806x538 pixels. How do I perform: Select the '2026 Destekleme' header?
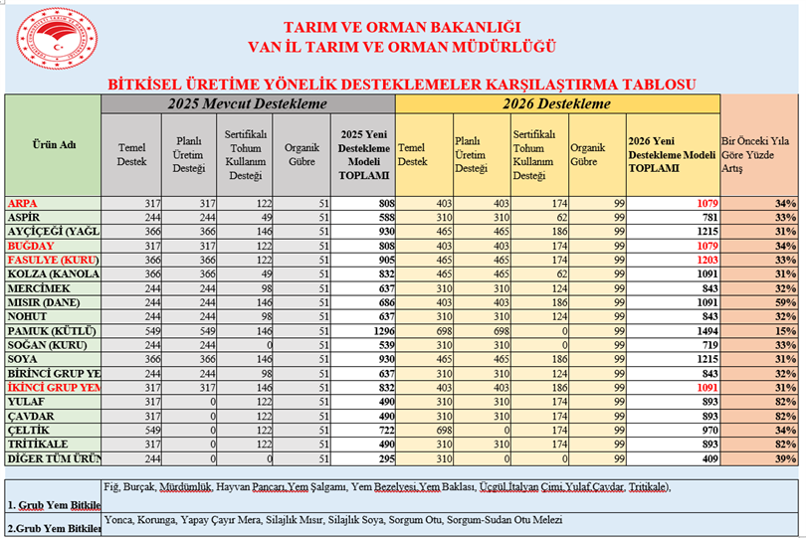click(556, 102)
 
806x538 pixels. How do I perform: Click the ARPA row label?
click(24, 203)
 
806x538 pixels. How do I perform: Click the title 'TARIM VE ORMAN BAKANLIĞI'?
click(402, 26)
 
